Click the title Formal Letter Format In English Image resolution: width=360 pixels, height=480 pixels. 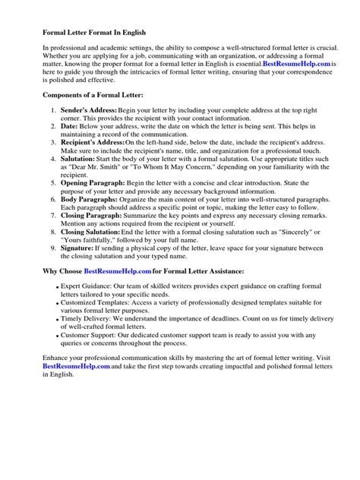[93, 33]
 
